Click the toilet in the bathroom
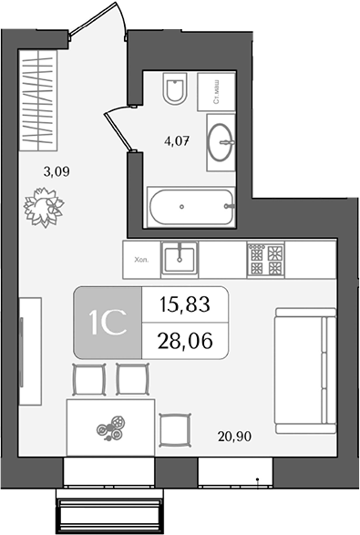click(175, 88)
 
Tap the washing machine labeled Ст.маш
click(216, 91)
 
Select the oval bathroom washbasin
click(221, 142)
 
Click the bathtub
click(190, 207)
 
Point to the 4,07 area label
click(177, 140)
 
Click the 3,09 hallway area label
click(57, 171)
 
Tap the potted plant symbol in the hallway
click(44, 207)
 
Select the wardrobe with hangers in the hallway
click(38, 100)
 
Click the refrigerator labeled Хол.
click(141, 260)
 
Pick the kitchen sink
click(180, 259)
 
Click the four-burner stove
click(266, 260)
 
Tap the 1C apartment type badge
click(108, 323)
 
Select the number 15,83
click(185, 304)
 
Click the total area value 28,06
click(185, 341)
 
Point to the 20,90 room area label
click(235, 436)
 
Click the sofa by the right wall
click(305, 371)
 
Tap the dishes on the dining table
click(110, 427)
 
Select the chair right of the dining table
click(175, 430)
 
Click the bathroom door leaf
click(118, 132)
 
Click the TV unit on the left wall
click(30, 352)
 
